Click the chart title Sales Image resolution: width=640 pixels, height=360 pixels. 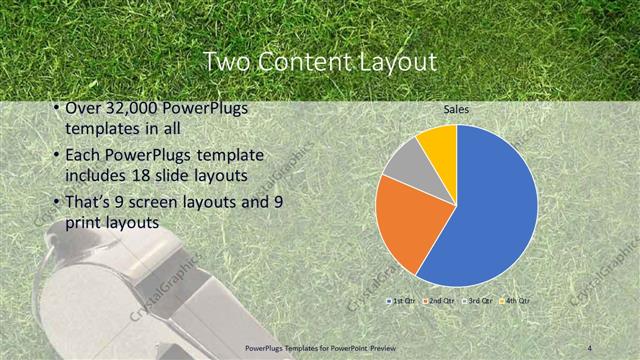[x=457, y=109]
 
